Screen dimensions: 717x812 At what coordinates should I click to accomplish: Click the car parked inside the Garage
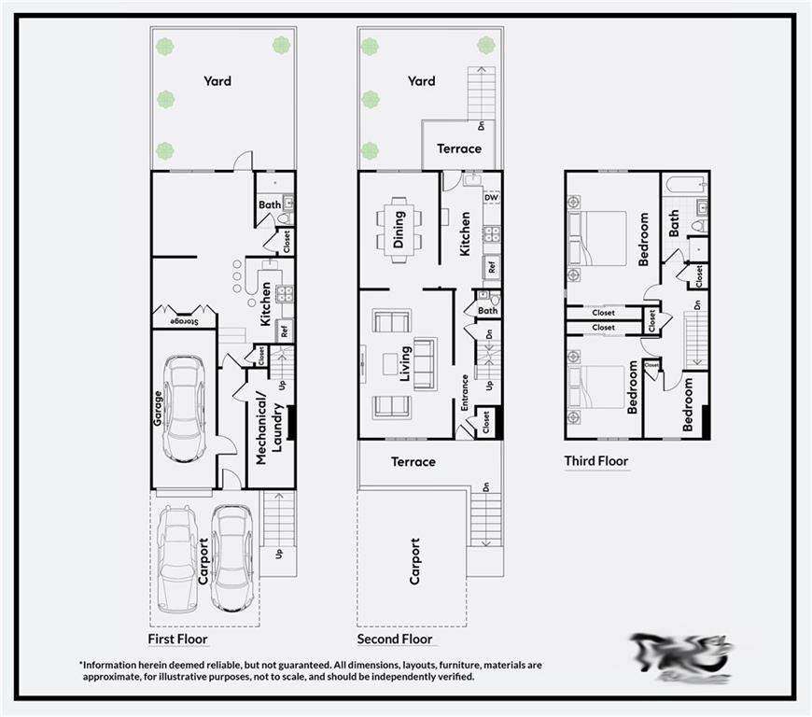tap(184, 408)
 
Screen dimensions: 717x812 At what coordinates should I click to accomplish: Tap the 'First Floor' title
tap(177, 639)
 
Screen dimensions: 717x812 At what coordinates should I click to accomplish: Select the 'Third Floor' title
tap(595, 460)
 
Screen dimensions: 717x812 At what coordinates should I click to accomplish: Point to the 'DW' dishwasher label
tap(491, 198)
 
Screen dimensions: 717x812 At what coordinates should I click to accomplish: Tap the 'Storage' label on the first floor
tap(185, 321)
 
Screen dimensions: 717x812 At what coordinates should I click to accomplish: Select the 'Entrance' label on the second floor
tap(464, 392)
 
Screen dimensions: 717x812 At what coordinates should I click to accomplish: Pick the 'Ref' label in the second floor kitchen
tap(491, 267)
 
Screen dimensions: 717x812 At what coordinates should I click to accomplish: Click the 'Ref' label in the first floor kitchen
tap(284, 330)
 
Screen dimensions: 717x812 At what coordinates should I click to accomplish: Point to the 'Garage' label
tap(158, 408)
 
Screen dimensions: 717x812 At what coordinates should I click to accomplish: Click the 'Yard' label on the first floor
tap(217, 81)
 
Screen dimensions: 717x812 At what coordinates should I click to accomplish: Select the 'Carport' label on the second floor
tap(414, 560)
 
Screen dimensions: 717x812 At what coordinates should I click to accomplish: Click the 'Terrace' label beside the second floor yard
tap(459, 148)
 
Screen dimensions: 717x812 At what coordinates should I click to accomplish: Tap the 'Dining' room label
tap(399, 224)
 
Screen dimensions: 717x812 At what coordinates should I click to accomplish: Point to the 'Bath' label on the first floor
tap(270, 204)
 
